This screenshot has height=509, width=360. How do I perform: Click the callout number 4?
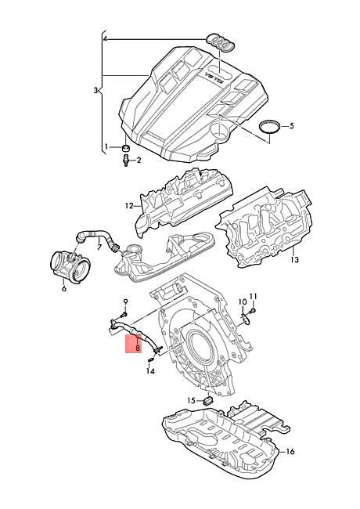coord(104,38)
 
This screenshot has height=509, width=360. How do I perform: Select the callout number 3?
coord(96,91)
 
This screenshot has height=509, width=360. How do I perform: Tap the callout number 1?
coord(106,146)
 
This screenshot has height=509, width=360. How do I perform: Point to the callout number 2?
coord(139,161)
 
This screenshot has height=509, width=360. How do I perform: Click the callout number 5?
coord(291,125)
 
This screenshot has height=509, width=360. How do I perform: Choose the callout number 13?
coord(294,259)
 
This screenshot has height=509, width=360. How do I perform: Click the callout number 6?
coord(63,288)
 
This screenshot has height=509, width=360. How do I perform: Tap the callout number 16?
coord(290,452)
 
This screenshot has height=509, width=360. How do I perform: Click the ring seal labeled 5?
coord(269,128)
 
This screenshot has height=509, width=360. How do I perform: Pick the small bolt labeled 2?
coord(124,161)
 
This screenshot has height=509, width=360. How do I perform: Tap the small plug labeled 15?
coord(208,400)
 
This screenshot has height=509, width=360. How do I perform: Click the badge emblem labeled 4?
coord(219,41)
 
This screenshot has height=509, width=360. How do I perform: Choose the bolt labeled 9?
coord(124,313)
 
